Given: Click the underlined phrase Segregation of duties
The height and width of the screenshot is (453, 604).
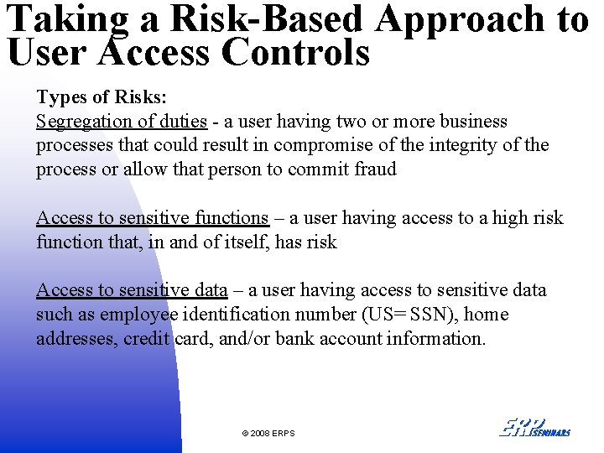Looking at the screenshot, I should [121, 121].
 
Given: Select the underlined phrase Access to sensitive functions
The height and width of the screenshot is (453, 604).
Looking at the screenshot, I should [152, 218].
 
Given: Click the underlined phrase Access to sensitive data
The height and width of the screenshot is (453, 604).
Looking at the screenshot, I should [132, 290].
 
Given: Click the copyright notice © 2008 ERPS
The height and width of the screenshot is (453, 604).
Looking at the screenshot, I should [268, 433].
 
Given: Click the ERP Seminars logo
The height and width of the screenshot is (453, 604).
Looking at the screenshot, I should [534, 427].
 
